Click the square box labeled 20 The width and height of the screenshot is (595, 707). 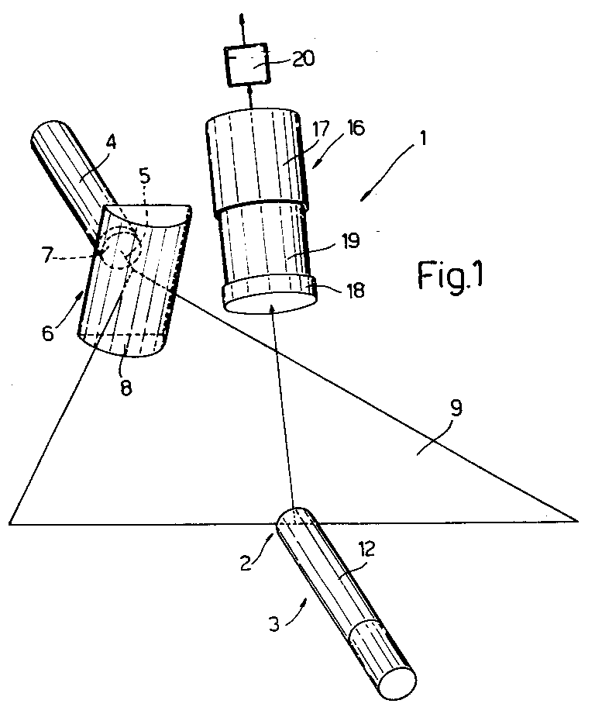point(247,64)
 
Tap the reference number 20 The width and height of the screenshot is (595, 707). point(304,59)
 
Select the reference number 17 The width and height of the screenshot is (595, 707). point(321,129)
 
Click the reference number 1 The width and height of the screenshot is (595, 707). point(422,138)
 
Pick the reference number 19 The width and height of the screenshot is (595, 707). point(351,241)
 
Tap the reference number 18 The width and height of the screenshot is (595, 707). point(355,291)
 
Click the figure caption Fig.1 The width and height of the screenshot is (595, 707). point(450,275)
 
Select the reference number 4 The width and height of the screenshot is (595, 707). point(112,143)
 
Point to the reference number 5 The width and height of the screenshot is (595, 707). point(145,176)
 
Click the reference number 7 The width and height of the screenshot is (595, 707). point(49,255)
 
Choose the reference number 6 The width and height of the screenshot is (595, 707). point(48,333)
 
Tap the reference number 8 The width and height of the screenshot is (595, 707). point(126,388)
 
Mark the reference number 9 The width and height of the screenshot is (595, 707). point(456,409)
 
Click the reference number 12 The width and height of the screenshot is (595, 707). point(367,549)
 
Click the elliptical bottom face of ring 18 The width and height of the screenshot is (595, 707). point(270,303)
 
